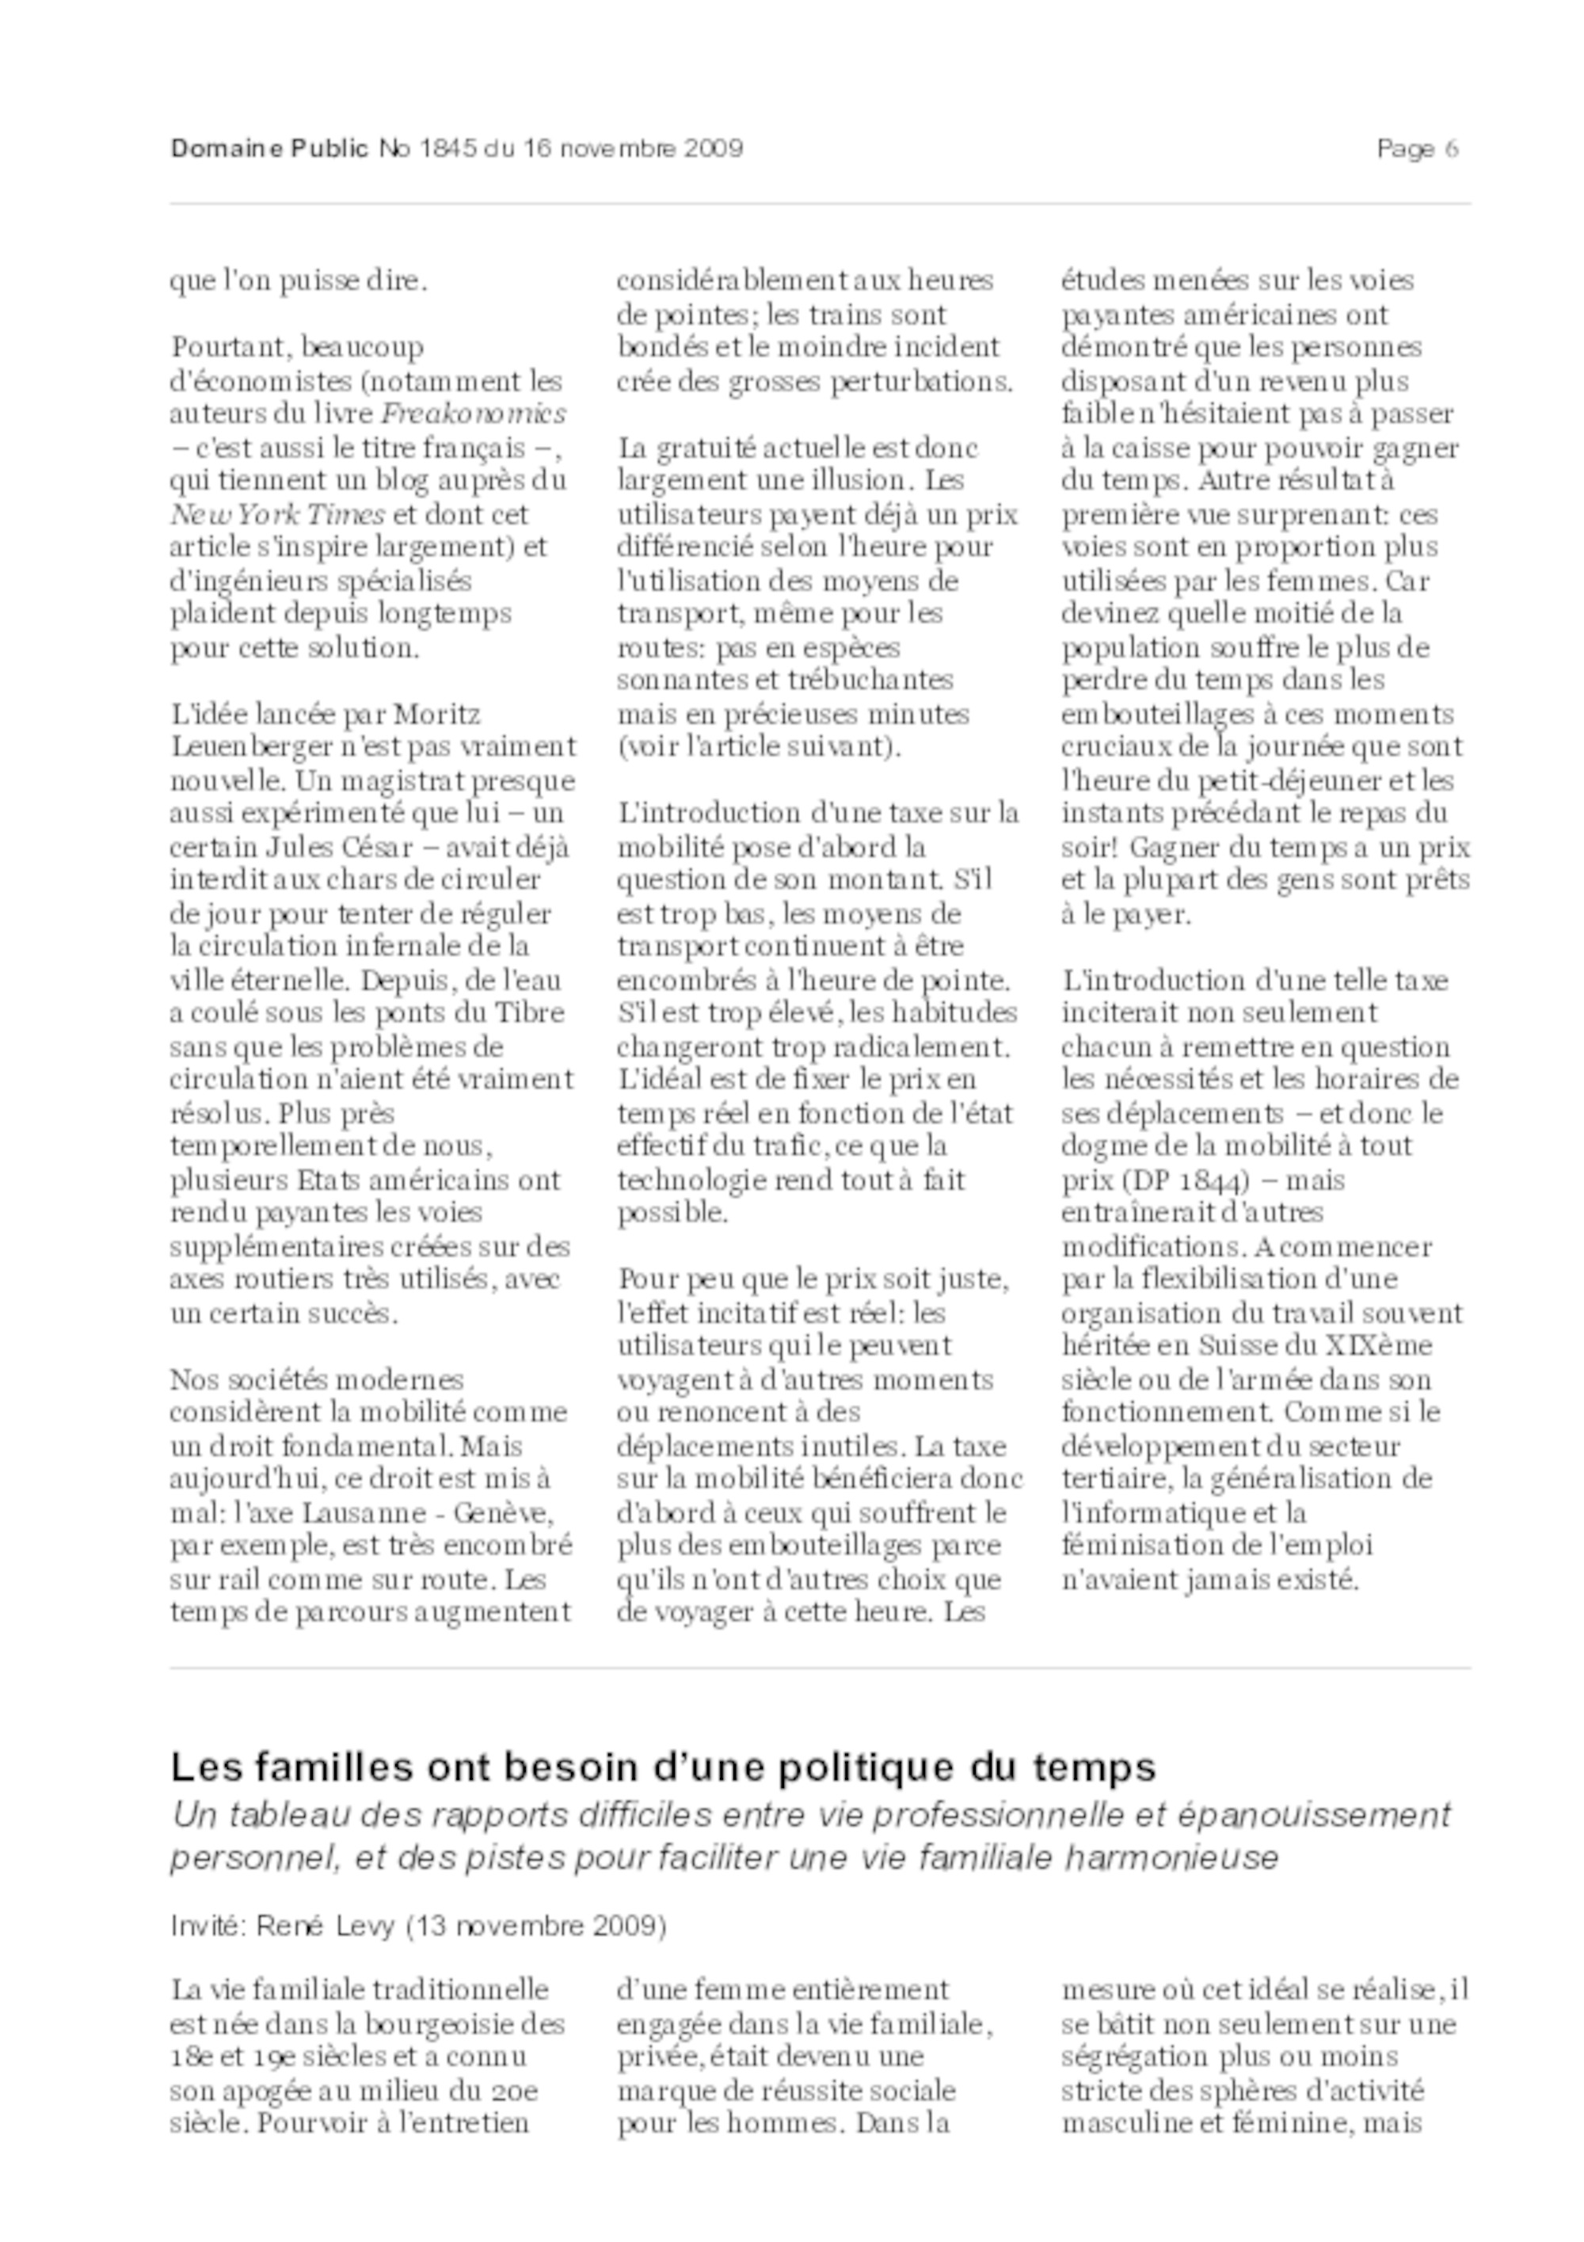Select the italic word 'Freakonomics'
474,414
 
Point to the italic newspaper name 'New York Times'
277,515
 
